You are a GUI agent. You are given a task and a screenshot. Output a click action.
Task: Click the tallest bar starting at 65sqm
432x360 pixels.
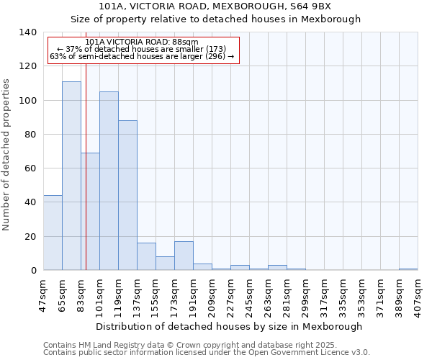click(x=71, y=176)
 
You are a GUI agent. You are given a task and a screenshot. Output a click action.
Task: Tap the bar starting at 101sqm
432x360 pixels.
click(x=109, y=181)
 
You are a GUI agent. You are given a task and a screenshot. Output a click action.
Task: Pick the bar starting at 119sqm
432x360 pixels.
click(x=127, y=195)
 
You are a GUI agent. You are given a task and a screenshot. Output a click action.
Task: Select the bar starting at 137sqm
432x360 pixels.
click(x=146, y=256)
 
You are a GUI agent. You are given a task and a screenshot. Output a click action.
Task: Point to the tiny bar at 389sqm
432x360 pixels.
click(x=408, y=269)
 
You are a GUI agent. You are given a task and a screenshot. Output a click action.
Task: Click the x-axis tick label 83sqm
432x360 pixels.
click(x=81, y=294)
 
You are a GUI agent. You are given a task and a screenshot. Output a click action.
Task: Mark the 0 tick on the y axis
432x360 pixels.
click(x=33, y=271)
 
